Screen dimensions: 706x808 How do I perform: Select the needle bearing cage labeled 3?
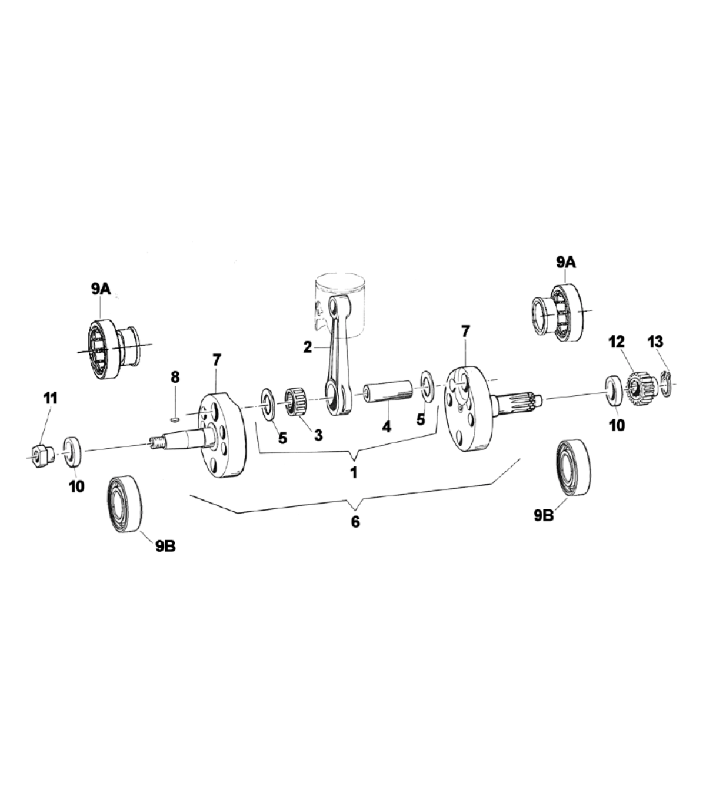(x=297, y=402)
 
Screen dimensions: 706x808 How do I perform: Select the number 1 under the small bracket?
(x=354, y=472)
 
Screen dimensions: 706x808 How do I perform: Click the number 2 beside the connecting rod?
(x=307, y=347)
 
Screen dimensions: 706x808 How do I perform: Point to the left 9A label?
(x=101, y=289)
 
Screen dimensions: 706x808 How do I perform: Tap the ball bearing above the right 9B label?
(x=574, y=467)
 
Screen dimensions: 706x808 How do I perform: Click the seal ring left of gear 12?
(x=614, y=390)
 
